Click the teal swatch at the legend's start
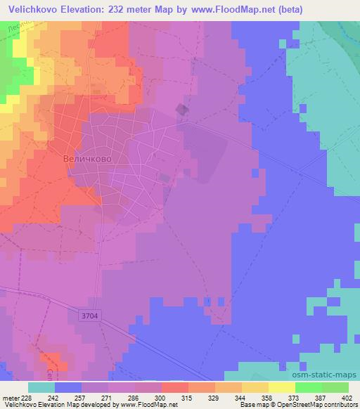click(x=41, y=387)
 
